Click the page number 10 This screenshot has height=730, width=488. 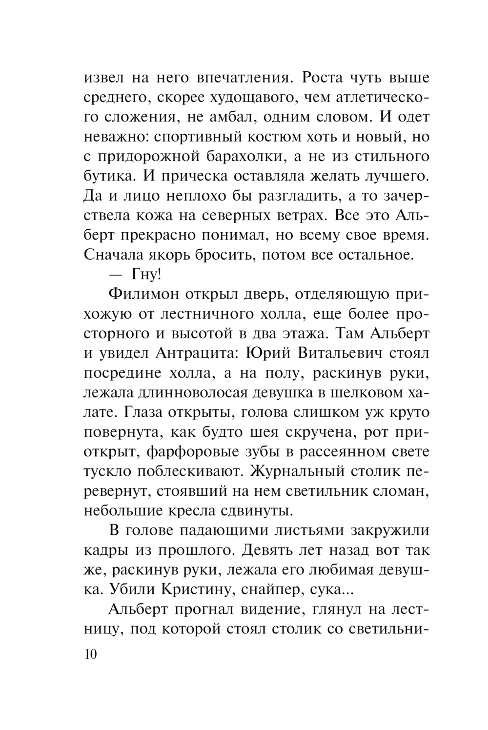(91, 654)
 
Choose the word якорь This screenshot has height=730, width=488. (164, 255)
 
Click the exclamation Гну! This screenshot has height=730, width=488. (146, 275)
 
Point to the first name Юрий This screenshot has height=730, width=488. (263, 353)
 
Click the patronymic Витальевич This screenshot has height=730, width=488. (337, 353)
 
